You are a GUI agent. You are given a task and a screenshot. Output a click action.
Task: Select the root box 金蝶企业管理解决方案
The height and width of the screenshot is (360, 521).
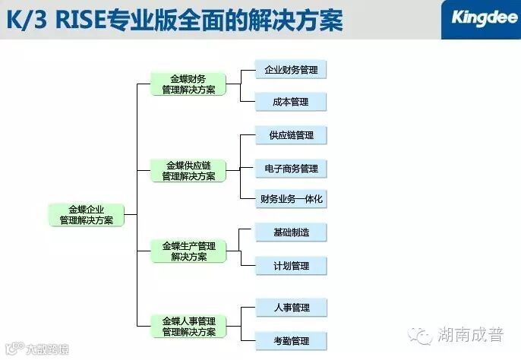coord(86,214)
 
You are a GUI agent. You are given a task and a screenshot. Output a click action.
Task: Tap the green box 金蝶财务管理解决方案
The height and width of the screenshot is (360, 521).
coord(188,84)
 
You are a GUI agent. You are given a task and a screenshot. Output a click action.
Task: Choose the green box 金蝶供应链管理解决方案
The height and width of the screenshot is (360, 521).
coord(188,170)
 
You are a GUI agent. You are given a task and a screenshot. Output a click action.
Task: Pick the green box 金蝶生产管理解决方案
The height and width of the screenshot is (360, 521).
coord(188,251)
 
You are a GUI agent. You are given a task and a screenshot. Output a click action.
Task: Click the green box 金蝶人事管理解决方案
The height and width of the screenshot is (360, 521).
coord(188,326)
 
